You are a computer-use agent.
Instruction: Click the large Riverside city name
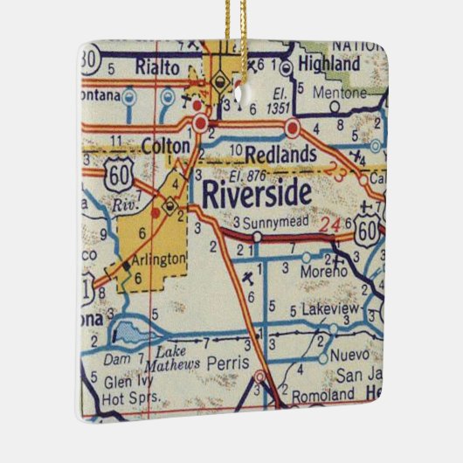click(x=256, y=194)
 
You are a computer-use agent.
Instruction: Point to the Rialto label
click(x=157, y=66)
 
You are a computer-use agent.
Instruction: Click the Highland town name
click(x=328, y=65)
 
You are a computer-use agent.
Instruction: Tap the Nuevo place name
click(x=351, y=357)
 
